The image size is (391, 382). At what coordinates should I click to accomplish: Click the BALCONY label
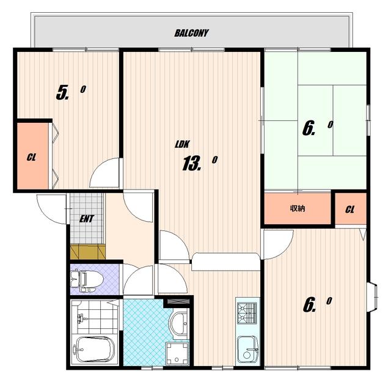click(191, 33)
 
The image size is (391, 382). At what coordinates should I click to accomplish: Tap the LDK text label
click(182, 144)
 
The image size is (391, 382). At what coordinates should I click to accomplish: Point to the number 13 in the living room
click(191, 163)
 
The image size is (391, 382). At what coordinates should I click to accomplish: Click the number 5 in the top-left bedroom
click(62, 92)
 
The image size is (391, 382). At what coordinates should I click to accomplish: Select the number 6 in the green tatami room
click(309, 129)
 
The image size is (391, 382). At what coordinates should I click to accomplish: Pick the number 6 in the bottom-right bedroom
click(309, 306)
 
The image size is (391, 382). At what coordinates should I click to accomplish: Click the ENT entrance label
click(86, 219)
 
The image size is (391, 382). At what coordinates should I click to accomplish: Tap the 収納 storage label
click(298, 208)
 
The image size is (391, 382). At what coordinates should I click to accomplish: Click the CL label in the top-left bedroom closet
click(31, 158)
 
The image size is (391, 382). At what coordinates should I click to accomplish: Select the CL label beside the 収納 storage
click(349, 210)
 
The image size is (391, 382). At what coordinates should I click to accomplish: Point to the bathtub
click(95, 349)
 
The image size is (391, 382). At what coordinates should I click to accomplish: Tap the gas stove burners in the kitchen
click(247, 313)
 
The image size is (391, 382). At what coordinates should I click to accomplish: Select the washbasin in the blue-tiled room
click(179, 323)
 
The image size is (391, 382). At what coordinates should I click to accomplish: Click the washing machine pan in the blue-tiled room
click(177, 353)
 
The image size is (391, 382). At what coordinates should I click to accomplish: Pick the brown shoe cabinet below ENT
click(88, 252)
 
